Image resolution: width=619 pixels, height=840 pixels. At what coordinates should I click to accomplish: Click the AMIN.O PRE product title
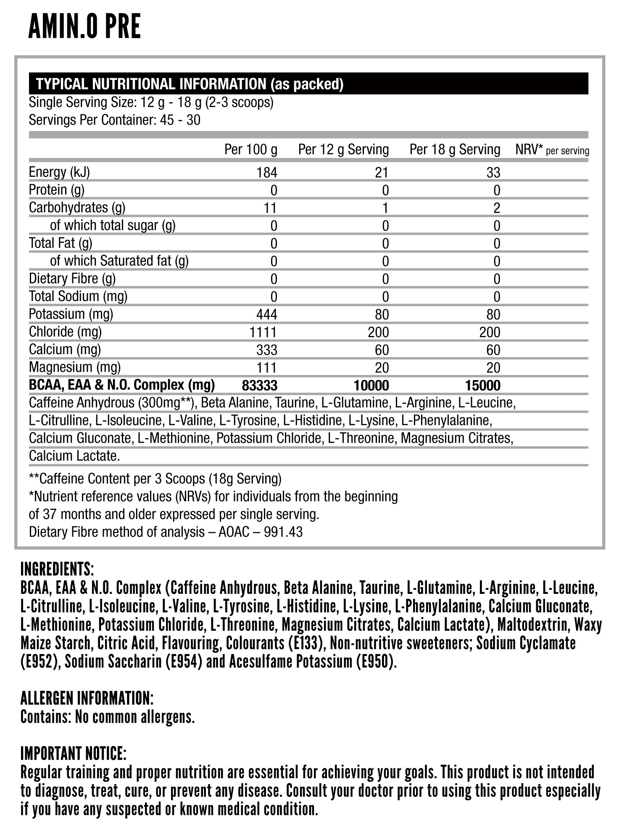(84, 26)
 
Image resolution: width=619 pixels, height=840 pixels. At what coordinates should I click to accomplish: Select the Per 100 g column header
(250, 150)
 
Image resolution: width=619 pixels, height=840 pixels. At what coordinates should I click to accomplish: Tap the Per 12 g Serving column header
(343, 150)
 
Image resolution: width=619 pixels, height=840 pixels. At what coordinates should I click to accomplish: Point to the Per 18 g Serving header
(455, 150)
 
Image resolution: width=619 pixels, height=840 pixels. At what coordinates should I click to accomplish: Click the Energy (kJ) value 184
(267, 173)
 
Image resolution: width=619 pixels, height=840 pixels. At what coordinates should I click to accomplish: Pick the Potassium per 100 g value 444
(267, 315)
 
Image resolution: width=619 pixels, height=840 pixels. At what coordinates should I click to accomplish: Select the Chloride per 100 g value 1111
(263, 332)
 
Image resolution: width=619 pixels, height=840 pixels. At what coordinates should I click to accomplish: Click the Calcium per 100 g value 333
(267, 350)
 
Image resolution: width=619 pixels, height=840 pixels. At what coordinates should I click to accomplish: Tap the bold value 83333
(260, 385)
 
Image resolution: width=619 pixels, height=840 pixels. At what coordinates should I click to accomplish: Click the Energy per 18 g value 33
(493, 173)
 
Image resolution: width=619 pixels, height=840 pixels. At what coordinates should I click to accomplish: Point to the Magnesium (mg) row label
(75, 367)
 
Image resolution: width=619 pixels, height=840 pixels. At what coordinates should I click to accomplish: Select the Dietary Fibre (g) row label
(72, 278)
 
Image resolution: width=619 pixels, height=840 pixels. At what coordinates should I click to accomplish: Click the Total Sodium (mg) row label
(78, 297)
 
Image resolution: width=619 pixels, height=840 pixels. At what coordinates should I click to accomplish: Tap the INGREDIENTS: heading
(57, 570)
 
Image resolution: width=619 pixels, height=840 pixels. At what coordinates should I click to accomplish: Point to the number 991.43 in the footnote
(283, 532)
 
